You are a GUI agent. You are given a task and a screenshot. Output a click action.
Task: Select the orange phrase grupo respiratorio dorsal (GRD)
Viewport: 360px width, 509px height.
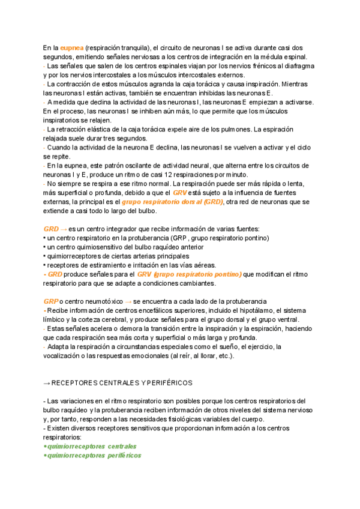[172, 202]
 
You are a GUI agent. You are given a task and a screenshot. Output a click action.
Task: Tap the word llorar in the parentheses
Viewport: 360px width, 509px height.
[196, 355]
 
